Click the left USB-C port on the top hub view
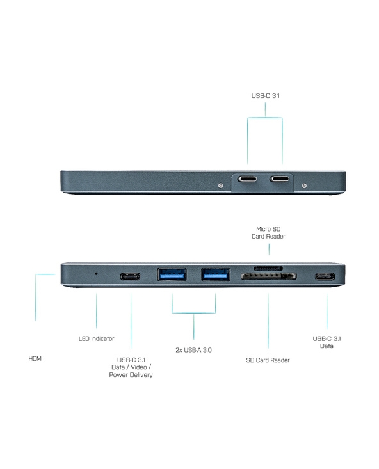[x=247, y=179]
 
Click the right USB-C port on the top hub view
[x=279, y=179]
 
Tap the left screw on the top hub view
[x=221, y=186]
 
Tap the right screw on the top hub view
[x=304, y=186]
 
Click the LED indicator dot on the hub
[x=96, y=273]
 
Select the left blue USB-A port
[x=172, y=274]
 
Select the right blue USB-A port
[x=216, y=274]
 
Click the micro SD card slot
[x=268, y=267]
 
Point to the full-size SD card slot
[x=269, y=276]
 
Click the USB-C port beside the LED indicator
[x=130, y=276]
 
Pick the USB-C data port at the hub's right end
[x=325, y=276]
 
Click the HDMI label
[x=35, y=358]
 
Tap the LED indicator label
[x=97, y=338]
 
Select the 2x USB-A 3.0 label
[x=194, y=350]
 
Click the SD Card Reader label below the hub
[x=268, y=360]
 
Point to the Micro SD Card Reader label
[x=268, y=233]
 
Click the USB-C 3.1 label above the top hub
[x=265, y=96]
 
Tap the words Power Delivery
[x=131, y=375]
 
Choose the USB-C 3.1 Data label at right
[x=327, y=342]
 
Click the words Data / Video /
[x=131, y=367]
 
